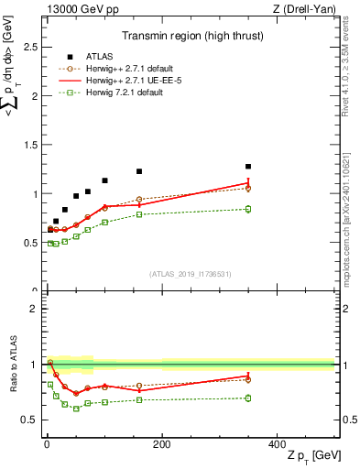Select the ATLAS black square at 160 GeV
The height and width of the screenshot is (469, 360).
click(x=139, y=171)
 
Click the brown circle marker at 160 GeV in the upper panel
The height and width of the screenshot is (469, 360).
click(x=139, y=199)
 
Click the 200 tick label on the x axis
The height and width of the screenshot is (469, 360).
click(x=161, y=443)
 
